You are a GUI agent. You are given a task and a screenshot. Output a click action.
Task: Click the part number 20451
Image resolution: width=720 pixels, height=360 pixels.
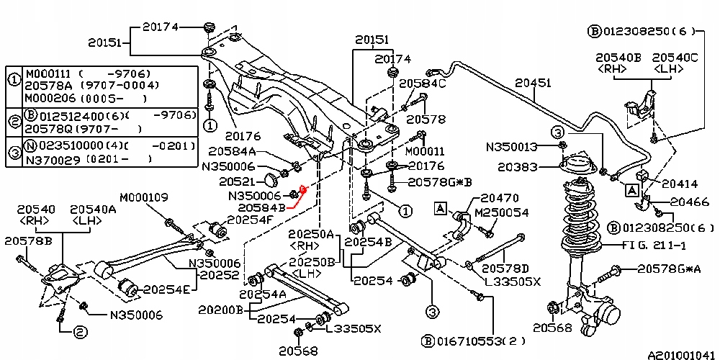coord(534,84)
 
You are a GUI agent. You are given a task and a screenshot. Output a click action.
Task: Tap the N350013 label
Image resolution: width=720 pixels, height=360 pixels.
coord(512,147)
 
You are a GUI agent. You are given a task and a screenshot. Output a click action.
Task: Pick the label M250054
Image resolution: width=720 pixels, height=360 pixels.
coord(502,213)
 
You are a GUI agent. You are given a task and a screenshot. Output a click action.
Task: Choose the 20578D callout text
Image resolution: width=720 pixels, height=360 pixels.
coord(505,269)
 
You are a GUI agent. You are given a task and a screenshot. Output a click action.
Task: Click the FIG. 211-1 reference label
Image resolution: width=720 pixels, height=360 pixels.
coord(664,246)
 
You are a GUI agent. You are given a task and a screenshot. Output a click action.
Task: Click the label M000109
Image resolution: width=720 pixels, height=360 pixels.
coord(144,197)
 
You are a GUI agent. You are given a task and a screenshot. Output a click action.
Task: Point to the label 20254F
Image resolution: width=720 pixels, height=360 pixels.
coord(250,219)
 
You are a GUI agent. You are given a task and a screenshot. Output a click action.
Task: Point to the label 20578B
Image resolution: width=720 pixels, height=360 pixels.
coord(28,240)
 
